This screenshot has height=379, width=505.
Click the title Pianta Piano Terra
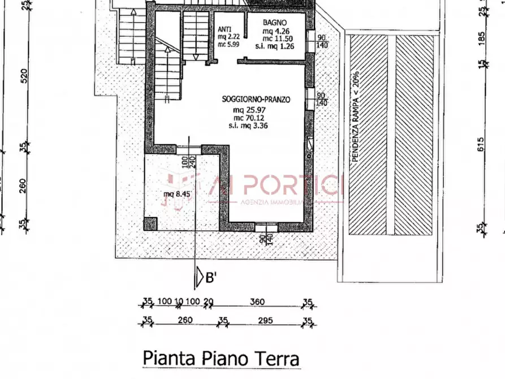tap(221, 359)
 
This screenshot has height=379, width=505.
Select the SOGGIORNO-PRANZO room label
tap(256, 99)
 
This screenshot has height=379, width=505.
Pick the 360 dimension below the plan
tap(257, 302)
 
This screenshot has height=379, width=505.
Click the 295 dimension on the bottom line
tap(265, 320)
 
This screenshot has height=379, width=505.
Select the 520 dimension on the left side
tap(23, 75)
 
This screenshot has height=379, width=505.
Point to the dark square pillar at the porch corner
tap(150, 223)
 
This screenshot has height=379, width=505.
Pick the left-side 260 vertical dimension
tap(23, 185)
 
